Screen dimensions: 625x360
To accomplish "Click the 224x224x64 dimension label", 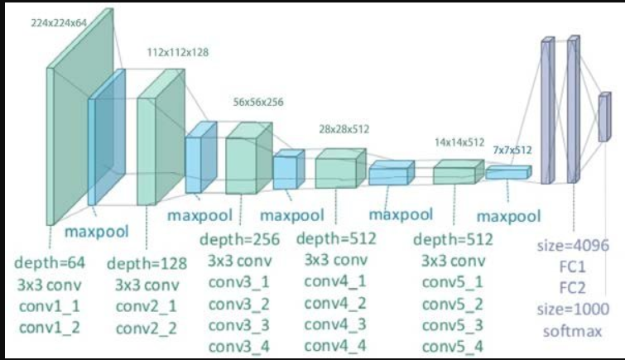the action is pyautogui.click(x=59, y=23).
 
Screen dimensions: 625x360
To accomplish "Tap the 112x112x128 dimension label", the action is pyautogui.click(x=178, y=52).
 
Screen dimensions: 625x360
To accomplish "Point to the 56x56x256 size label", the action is pyautogui.click(x=258, y=102).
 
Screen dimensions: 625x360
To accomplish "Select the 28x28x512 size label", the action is pyautogui.click(x=344, y=129).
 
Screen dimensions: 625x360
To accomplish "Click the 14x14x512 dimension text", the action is pyautogui.click(x=459, y=142).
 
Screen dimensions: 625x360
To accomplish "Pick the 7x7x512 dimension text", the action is pyautogui.click(x=512, y=150).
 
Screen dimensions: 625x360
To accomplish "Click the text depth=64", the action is pyautogui.click(x=50, y=262).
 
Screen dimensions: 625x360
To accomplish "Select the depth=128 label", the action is pyautogui.click(x=147, y=263).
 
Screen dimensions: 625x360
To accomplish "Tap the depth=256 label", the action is pyautogui.click(x=239, y=239).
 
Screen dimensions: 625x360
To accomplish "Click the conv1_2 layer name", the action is pyautogui.click(x=50, y=328).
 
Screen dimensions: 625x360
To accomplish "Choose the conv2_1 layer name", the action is pyautogui.click(x=147, y=306).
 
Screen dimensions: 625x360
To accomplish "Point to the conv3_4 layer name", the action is pyautogui.click(x=239, y=347).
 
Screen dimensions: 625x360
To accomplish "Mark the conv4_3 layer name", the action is pyautogui.click(x=335, y=324).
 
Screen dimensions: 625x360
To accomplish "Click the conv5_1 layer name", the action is pyautogui.click(x=453, y=282).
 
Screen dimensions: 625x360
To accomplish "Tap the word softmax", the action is pyautogui.click(x=573, y=331).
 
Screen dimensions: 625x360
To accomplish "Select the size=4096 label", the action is pyautogui.click(x=573, y=246).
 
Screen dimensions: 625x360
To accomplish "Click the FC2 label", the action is pyautogui.click(x=573, y=288).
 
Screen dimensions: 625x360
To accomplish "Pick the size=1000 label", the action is pyautogui.click(x=573, y=310).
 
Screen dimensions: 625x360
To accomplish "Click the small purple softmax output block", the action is pyautogui.click(x=604, y=118).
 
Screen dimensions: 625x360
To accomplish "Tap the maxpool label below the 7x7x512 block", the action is pyautogui.click(x=509, y=217).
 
